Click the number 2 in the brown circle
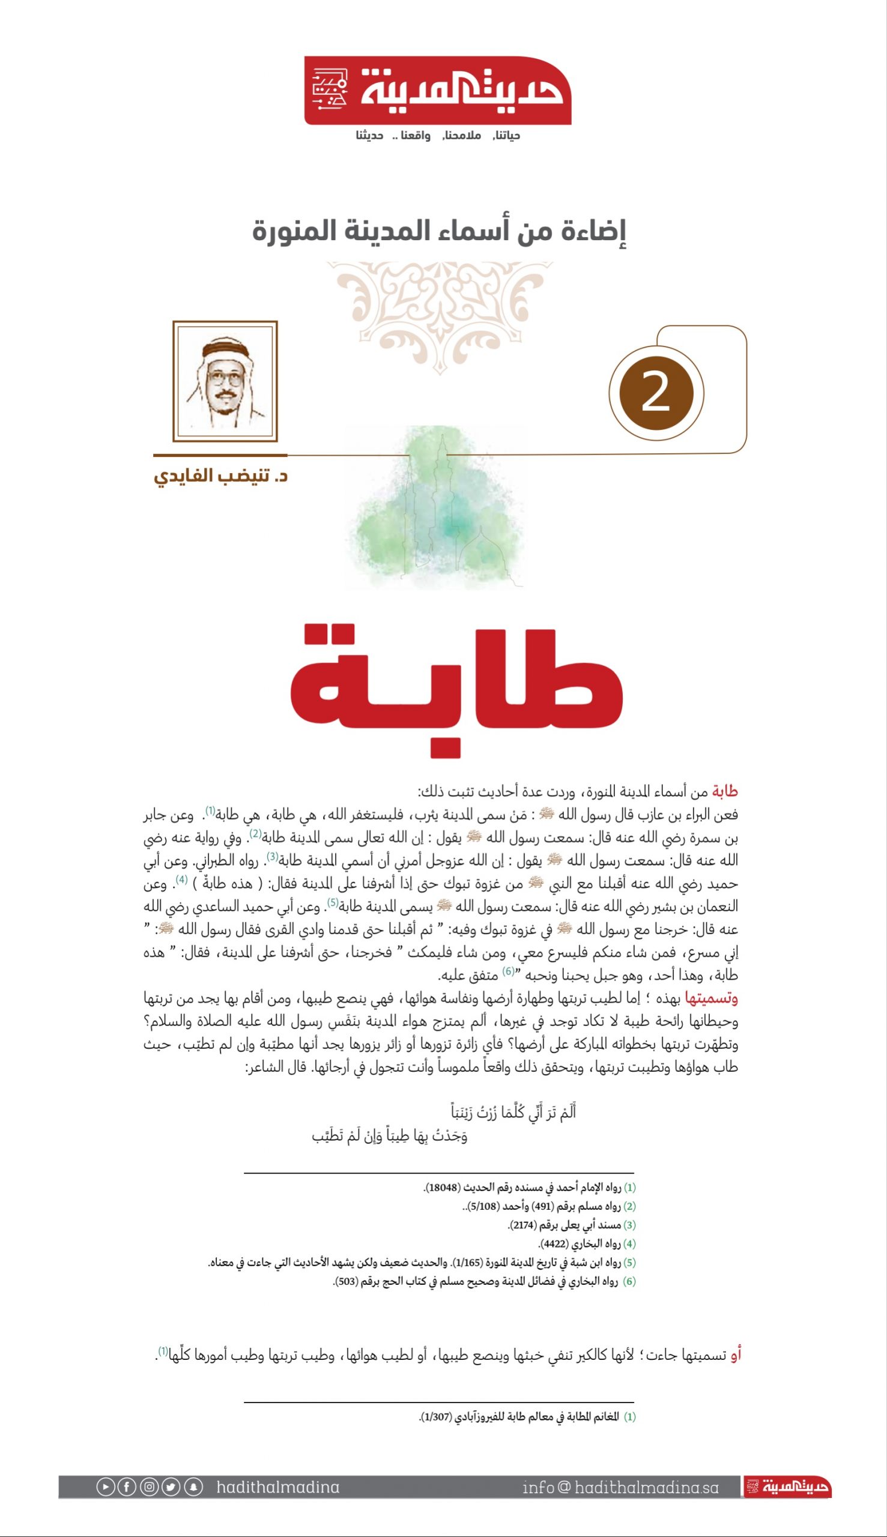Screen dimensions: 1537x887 [x=656, y=393]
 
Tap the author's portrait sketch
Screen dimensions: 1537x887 [x=225, y=381]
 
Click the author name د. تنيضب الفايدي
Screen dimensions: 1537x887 [x=220, y=476]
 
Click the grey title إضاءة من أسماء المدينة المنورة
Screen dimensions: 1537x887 [x=439, y=231]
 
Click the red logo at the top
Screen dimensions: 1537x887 [x=437, y=91]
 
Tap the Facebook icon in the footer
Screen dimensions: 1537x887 [x=127, y=1487]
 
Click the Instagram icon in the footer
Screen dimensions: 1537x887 [x=150, y=1487]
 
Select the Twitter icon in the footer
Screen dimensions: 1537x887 [x=171, y=1487]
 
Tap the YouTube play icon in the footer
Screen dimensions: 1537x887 [x=104, y=1487]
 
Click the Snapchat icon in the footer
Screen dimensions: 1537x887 [x=193, y=1487]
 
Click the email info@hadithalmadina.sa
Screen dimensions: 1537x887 [x=620, y=1487]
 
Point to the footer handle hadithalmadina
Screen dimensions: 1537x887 [x=278, y=1487]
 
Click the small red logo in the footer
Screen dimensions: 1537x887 [x=787, y=1487]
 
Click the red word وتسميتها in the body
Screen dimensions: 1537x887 [x=712, y=998]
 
